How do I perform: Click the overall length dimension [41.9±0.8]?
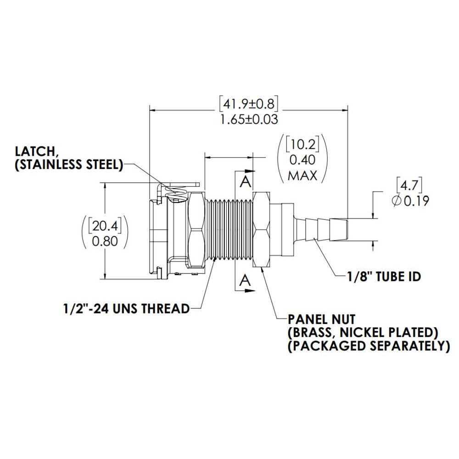[x=249, y=104]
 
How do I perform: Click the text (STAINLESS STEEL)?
[x=69, y=165]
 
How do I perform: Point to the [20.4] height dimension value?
[x=105, y=225]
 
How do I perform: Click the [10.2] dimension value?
[x=302, y=145]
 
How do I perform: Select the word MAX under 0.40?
[x=302, y=175]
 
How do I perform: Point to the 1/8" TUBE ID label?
[x=384, y=276]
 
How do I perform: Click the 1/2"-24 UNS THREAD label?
[x=126, y=308]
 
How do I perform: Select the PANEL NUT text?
[x=321, y=319]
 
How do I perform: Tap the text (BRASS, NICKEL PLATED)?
[x=362, y=332]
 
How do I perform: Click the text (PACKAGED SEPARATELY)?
[x=368, y=346]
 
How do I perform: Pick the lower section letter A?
[x=246, y=280]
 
